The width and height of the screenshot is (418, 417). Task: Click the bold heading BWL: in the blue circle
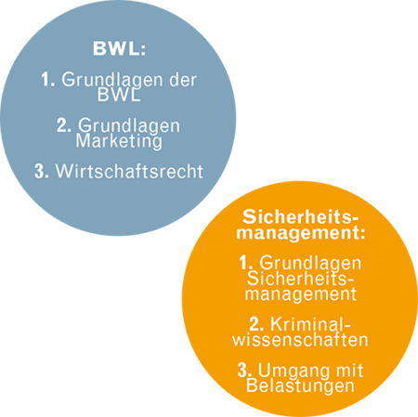pos(120,48)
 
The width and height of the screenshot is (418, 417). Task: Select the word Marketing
pos(119,141)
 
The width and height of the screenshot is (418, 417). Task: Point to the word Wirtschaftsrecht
pos(129,171)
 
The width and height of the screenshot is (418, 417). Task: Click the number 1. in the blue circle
pos(48,80)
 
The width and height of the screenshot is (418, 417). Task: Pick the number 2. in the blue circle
pos(64,125)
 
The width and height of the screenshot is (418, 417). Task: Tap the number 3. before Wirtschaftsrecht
pos(42,171)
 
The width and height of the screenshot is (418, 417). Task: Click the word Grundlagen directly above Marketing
pos(129,126)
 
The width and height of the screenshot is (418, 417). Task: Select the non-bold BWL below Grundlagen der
pos(119,95)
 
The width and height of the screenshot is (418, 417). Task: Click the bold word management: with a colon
pos(301,233)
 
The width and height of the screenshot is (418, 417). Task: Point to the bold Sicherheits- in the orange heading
pos(300,216)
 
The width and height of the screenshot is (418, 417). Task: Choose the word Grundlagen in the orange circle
pos(310,264)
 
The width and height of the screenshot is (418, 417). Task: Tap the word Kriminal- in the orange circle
pos(310,324)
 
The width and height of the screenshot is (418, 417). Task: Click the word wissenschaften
pos(300,340)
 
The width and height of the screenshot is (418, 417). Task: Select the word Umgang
pos(294,371)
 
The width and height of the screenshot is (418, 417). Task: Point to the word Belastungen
pos(300,386)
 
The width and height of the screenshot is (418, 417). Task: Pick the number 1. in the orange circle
pos(246,263)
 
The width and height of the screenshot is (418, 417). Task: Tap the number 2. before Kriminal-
pos(256,324)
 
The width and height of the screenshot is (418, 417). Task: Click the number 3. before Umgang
pos(244,370)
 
